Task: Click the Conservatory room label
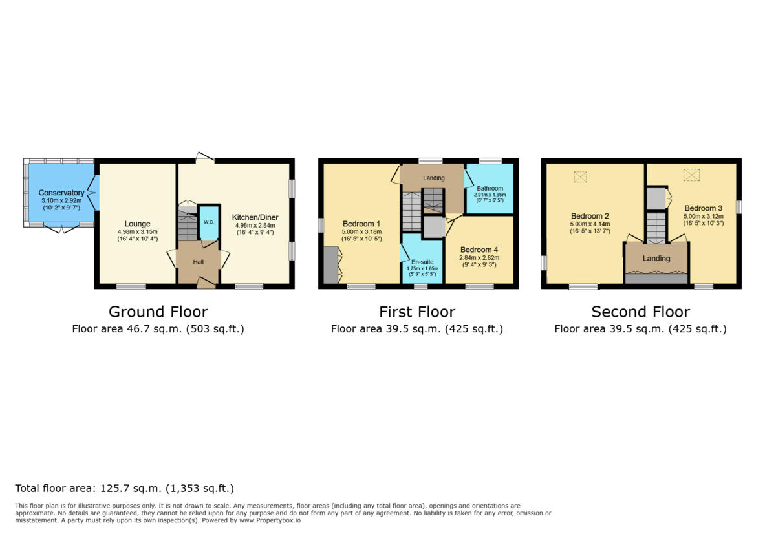61,193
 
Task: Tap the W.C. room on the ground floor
208,222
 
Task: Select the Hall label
199,262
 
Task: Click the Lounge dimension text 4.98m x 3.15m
137,232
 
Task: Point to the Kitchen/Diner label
246,217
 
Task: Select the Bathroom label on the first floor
490,189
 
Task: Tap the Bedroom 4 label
479,250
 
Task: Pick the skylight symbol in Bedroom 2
581,176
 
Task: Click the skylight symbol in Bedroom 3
692,175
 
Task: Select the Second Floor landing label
656,259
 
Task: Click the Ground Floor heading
158,312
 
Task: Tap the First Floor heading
416,312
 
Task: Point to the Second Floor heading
640,312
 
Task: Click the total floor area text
124,489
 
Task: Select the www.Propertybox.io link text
270,520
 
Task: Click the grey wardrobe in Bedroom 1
330,265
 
